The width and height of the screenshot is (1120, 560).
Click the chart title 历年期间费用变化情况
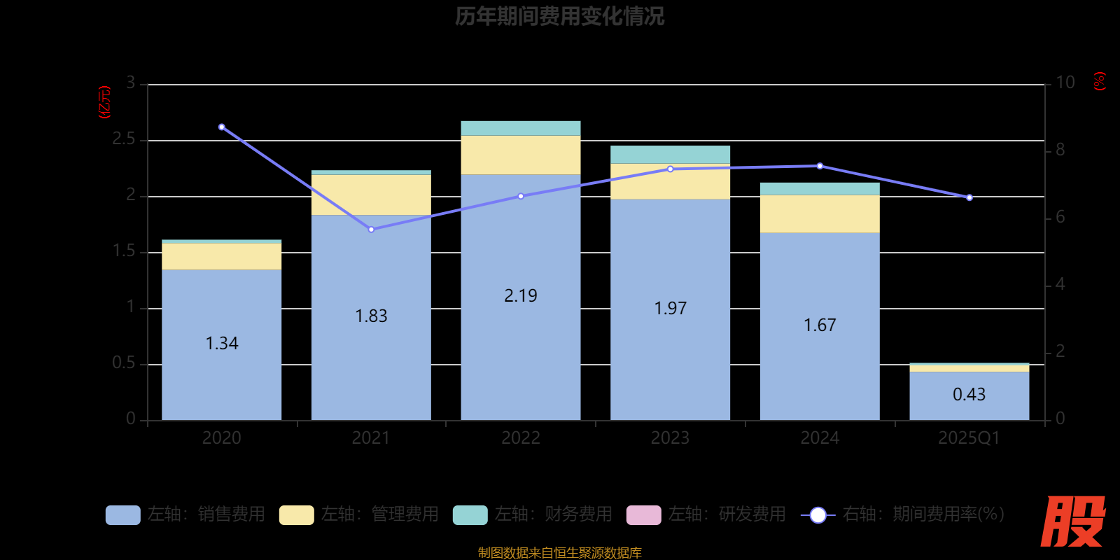pyautogui.click(x=559, y=16)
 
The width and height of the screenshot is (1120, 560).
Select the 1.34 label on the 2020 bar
pyautogui.click(x=222, y=344)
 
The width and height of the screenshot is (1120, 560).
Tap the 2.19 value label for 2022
pyautogui.click(x=521, y=296)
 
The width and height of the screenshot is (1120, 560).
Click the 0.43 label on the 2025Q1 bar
pyautogui.click(x=969, y=395)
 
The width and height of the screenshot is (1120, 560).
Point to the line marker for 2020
pyautogui.click(x=222, y=127)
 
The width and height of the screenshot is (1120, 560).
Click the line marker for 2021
pyautogui.click(x=371, y=230)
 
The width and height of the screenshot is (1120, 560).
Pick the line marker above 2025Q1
pyautogui.click(x=969, y=198)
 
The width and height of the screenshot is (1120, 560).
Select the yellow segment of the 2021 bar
pyautogui.click(x=371, y=195)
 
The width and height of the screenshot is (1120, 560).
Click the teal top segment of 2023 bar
pyautogui.click(x=670, y=155)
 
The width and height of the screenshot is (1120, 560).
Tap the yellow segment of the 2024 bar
pyautogui.click(x=820, y=213)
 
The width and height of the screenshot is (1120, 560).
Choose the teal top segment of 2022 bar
pyautogui.click(x=521, y=128)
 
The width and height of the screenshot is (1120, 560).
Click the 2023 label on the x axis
pyautogui.click(x=670, y=438)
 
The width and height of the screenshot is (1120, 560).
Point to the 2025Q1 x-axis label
pyautogui.click(x=969, y=438)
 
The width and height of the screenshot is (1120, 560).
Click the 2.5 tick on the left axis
pyautogui.click(x=124, y=139)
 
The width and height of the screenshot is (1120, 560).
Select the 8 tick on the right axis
pyautogui.click(x=1060, y=150)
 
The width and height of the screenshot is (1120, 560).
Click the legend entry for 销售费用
pyautogui.click(x=185, y=514)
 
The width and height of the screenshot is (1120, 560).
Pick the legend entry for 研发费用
pyautogui.click(x=706, y=514)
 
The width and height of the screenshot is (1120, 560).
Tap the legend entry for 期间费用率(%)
pyautogui.click(x=903, y=514)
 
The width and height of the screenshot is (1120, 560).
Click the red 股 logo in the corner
pyautogui.click(x=1072, y=521)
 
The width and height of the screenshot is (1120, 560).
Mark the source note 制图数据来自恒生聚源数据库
pyautogui.click(x=559, y=553)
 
